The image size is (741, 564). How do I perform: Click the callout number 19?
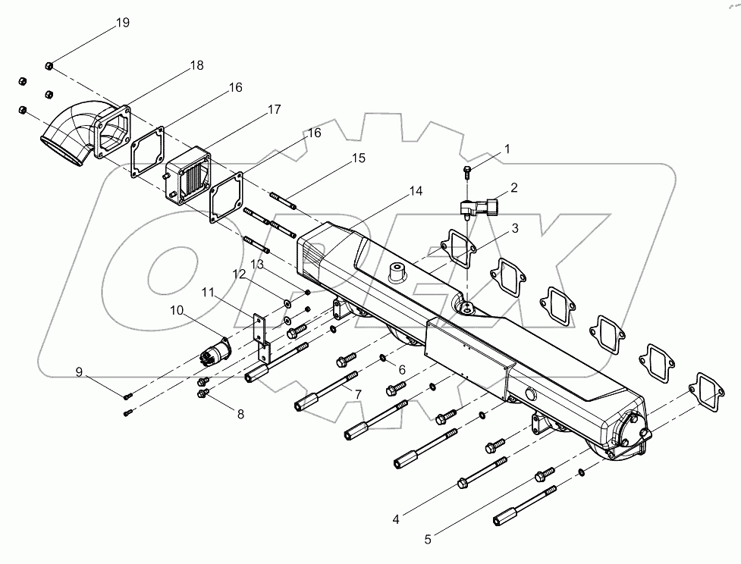[x=123, y=23]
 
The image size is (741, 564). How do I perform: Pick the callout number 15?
[x=359, y=158]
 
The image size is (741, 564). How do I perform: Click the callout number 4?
[x=396, y=519]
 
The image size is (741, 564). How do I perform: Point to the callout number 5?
[x=428, y=540]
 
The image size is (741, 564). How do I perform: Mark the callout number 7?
[x=357, y=394]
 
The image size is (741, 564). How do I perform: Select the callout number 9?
[x=78, y=371]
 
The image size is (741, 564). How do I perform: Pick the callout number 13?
[x=258, y=264]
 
